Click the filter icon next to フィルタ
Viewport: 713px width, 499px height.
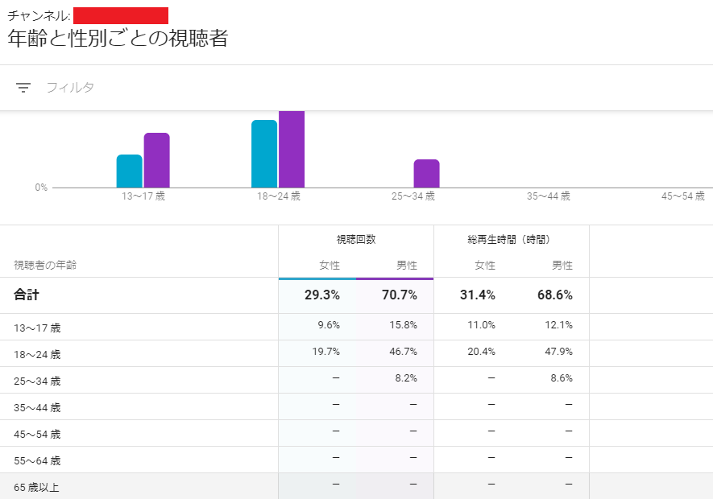click(x=23, y=88)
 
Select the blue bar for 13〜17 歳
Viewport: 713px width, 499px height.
click(x=129, y=171)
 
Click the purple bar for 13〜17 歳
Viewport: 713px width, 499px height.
click(x=156, y=160)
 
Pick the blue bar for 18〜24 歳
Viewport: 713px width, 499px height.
click(x=264, y=154)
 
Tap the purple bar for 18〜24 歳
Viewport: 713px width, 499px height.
click(x=292, y=149)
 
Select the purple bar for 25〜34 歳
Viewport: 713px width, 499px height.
click(x=426, y=173)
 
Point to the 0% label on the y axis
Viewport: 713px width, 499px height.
click(x=41, y=188)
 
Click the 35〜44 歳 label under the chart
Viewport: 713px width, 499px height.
click(x=548, y=196)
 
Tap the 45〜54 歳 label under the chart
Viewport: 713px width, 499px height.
click(x=682, y=196)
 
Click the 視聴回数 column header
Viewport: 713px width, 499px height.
click(x=356, y=239)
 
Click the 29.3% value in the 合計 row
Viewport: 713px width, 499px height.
click(x=321, y=295)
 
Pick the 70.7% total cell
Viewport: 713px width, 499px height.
click(x=399, y=295)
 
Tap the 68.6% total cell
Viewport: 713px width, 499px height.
click(x=554, y=295)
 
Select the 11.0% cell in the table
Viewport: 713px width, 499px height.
click(x=482, y=325)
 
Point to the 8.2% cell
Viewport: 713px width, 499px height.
click(x=406, y=378)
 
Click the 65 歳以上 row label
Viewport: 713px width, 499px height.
click(x=36, y=487)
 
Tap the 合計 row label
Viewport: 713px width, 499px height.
click(x=27, y=295)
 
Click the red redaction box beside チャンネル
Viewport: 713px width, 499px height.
click(x=121, y=15)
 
